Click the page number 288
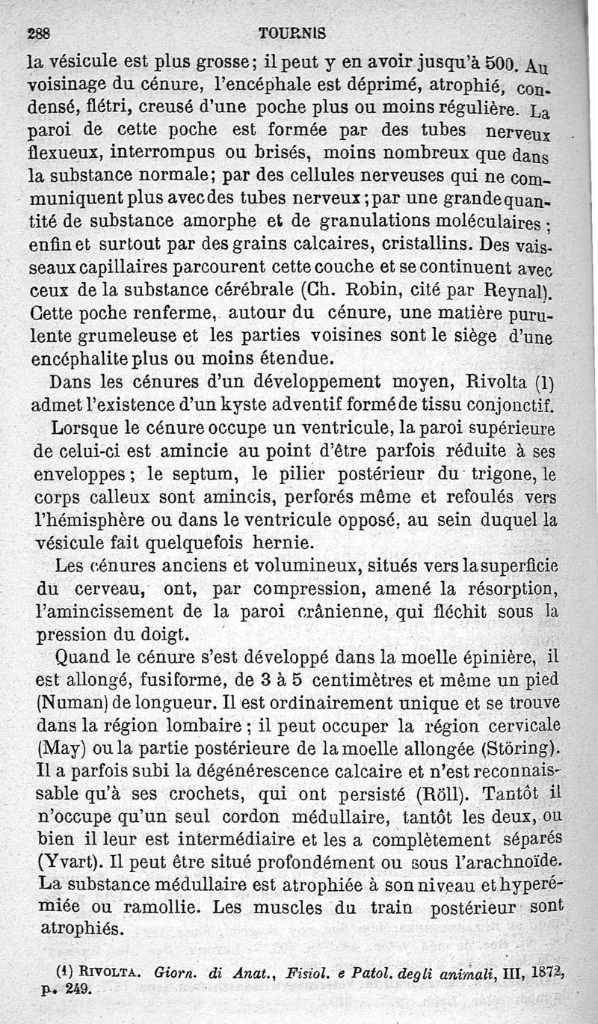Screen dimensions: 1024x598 coord(38,34)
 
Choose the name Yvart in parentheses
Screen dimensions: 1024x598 coord(64,862)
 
